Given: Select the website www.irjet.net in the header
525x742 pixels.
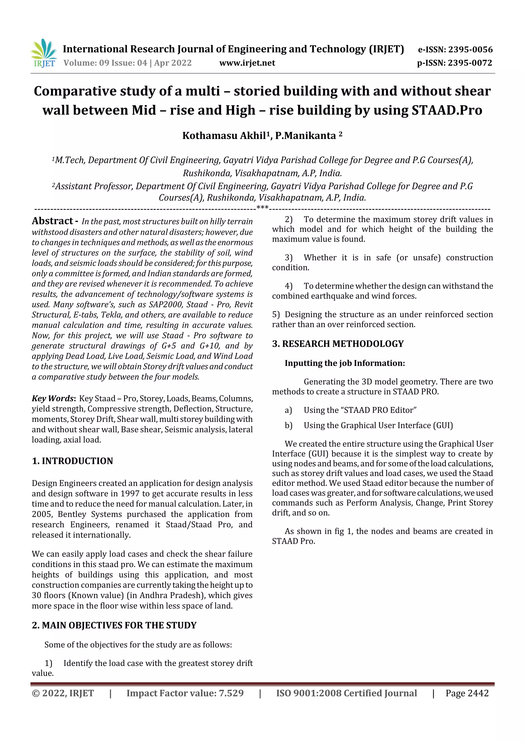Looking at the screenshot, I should tap(247, 63).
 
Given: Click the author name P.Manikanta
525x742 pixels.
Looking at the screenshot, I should tap(305, 136).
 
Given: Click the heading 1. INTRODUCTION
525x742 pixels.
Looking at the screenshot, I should tap(73, 461).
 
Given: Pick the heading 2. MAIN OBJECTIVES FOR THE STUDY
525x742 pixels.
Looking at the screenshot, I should tap(114, 625).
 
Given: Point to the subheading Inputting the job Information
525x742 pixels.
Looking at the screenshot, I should tap(345, 363).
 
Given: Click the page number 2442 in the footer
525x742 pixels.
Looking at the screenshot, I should tap(478, 693).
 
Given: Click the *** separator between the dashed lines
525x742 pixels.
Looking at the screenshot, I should tap(262, 207).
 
